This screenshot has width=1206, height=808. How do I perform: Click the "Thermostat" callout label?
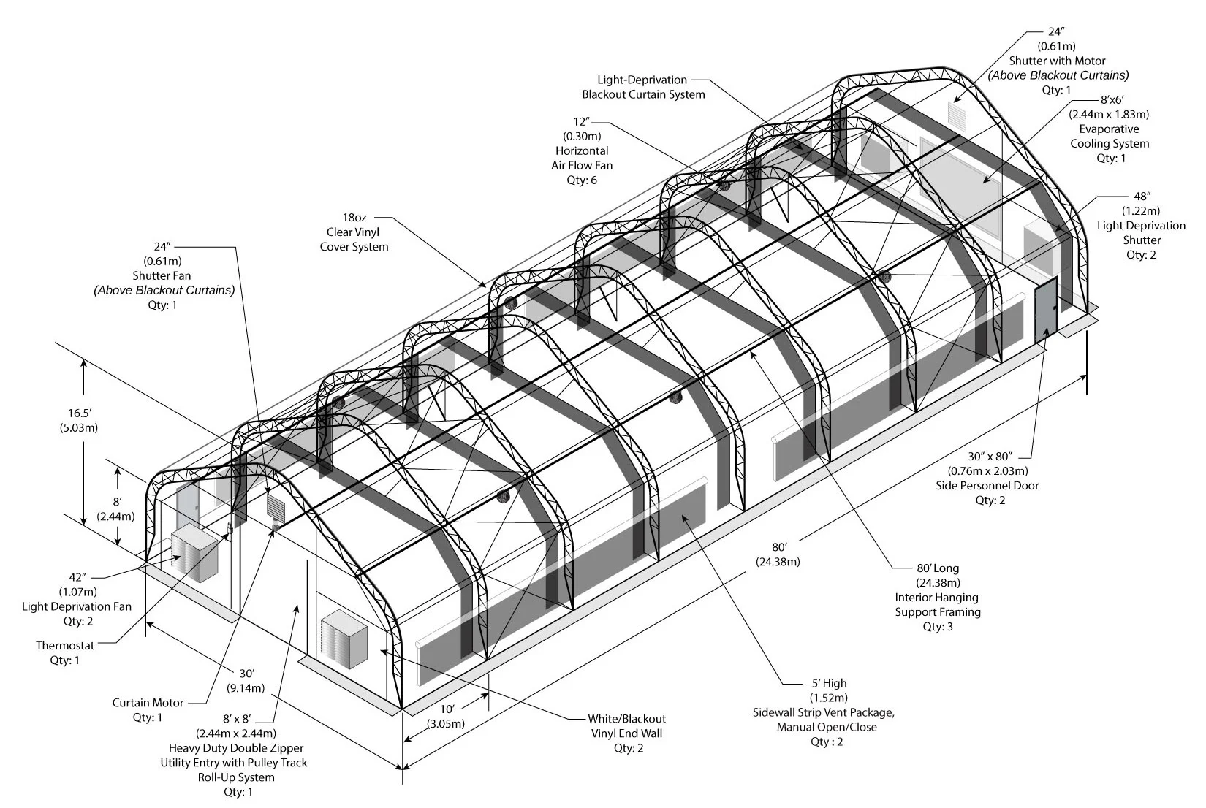point(65,646)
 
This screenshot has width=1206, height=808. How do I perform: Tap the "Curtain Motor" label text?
point(148,703)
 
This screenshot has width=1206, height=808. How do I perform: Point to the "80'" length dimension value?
point(778,547)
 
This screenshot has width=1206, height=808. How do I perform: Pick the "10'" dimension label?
point(447,709)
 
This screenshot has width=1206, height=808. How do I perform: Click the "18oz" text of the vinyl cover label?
point(354,218)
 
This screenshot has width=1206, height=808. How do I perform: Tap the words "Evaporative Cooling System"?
point(1110,137)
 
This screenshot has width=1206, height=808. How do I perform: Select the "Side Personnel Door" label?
point(987,486)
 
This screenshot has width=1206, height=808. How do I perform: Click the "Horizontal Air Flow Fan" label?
point(582,158)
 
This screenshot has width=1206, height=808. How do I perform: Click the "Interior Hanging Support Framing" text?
point(938,605)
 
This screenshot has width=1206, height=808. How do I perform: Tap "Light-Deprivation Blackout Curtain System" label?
point(643,87)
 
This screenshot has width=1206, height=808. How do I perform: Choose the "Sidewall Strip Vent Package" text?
point(824,712)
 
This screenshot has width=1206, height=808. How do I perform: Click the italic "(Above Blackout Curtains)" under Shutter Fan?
point(164,291)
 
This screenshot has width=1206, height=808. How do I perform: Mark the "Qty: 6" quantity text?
point(582,180)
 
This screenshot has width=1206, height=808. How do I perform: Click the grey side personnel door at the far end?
point(1046,310)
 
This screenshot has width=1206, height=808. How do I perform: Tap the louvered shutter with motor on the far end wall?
point(957,113)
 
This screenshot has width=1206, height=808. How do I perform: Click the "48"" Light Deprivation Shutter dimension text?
point(1142,197)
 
